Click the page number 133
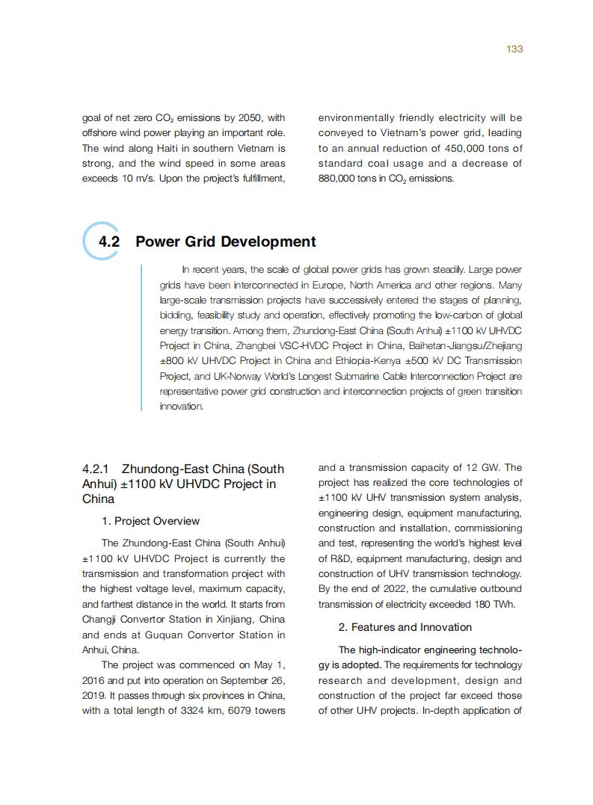(514, 49)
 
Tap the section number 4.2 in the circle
(109, 241)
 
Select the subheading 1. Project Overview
(150, 521)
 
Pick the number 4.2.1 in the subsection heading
(96, 469)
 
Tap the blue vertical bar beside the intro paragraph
(141, 338)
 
